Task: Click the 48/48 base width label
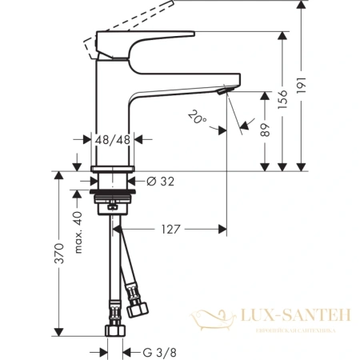point(112,139)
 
